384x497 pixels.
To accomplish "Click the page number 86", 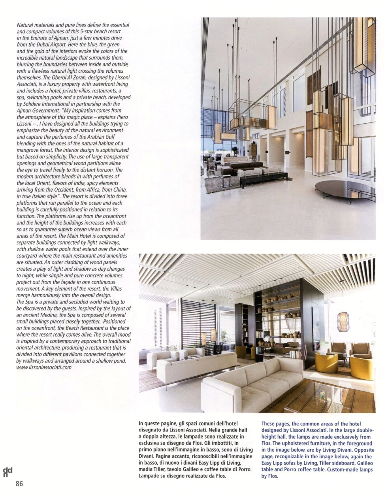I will point(19,484).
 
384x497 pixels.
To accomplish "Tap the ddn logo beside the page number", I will point(8,471).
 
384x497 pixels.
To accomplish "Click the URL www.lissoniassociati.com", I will point(44,367).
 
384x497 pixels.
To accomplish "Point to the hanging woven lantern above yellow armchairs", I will point(343,322).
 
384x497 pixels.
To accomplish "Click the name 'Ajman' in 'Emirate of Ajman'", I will point(60,38).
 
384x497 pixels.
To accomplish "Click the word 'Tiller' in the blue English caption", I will point(326,463).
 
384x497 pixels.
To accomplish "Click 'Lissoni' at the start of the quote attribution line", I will point(25,124).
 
